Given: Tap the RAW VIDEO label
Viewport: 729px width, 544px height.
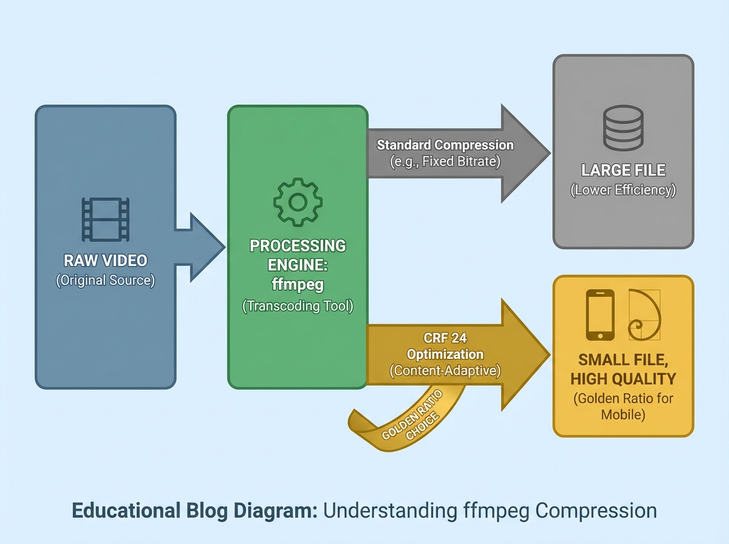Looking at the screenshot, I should (x=106, y=260).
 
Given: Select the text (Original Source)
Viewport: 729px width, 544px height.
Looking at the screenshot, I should (x=106, y=281).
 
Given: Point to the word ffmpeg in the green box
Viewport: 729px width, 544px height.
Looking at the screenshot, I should (x=297, y=284).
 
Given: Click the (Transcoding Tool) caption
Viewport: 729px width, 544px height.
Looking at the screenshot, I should (x=297, y=306).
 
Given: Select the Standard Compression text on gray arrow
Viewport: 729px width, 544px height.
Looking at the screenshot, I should (x=445, y=145).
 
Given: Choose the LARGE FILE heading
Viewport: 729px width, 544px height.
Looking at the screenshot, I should (x=623, y=170).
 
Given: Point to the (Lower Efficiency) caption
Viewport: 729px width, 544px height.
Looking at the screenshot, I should (x=623, y=190).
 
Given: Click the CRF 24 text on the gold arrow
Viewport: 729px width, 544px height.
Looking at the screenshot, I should (x=445, y=338).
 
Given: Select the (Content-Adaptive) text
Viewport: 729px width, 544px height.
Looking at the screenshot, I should (x=445, y=371).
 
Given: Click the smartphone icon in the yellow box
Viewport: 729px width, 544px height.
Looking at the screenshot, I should (x=600, y=314).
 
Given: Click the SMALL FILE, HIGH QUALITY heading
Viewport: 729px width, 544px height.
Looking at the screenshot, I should (x=623, y=369).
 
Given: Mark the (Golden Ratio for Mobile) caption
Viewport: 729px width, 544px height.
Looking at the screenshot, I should (x=623, y=407).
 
